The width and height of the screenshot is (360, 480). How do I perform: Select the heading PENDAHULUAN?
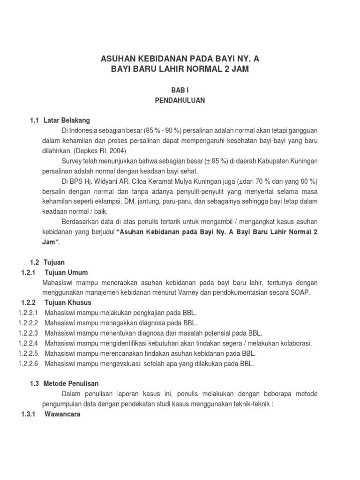pos(180,100)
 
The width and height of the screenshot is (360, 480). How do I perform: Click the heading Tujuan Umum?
pos(66,273)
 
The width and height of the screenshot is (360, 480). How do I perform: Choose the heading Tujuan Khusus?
pos(67,302)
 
